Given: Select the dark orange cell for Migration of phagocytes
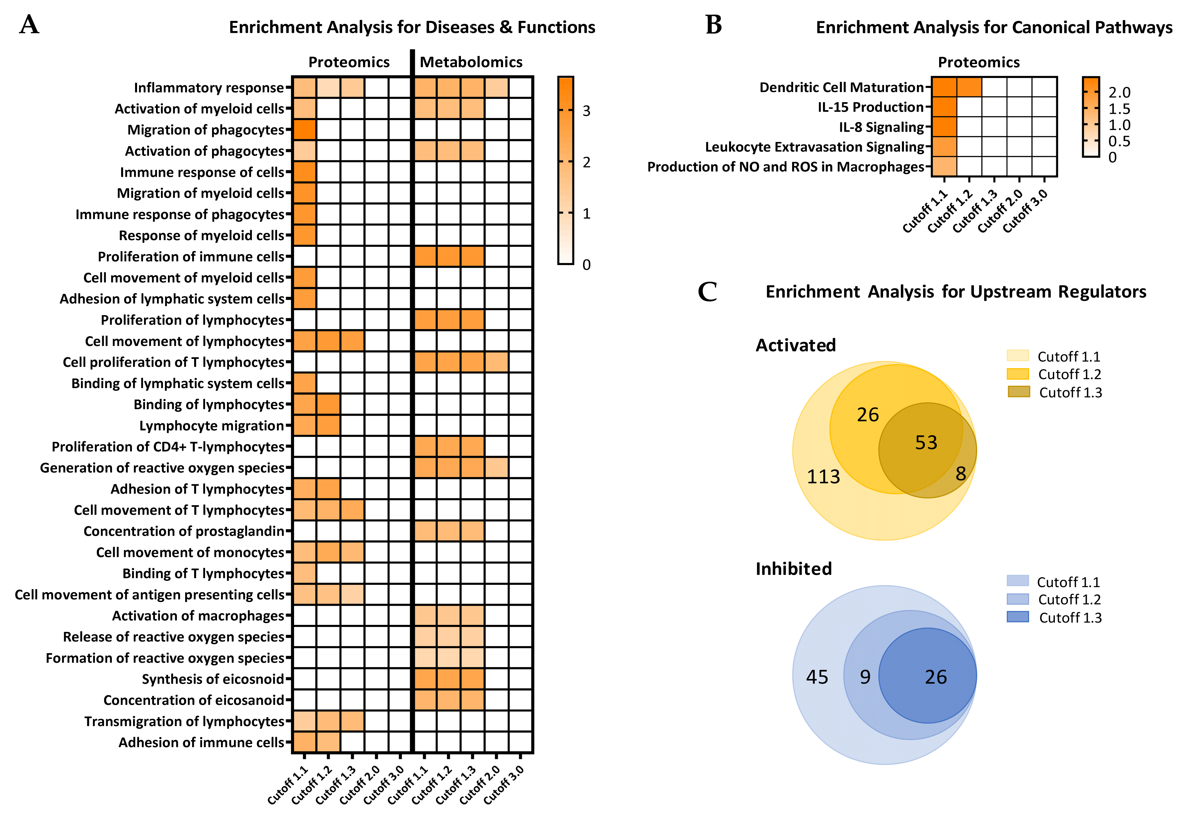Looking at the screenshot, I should pyautogui.click(x=304, y=130).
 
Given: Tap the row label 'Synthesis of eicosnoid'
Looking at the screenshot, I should pyautogui.click(x=212, y=679).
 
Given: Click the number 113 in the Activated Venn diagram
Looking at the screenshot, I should pyautogui.click(x=823, y=477).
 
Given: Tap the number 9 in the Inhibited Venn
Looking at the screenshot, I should pyautogui.click(x=865, y=677).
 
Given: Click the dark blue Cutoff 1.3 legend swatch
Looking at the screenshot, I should pyautogui.click(x=1017, y=617).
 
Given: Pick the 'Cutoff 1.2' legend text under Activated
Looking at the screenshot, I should pyautogui.click(x=1069, y=374).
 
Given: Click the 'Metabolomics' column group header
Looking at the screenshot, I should pyautogui.click(x=471, y=62).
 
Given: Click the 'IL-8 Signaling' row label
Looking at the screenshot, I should pyautogui.click(x=881, y=127).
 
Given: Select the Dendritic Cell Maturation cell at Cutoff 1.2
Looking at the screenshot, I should pyautogui.click(x=969, y=87).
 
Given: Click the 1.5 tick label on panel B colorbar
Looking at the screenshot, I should pyautogui.click(x=1119, y=109).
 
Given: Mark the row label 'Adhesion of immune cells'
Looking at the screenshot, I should pyautogui.click(x=201, y=742).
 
